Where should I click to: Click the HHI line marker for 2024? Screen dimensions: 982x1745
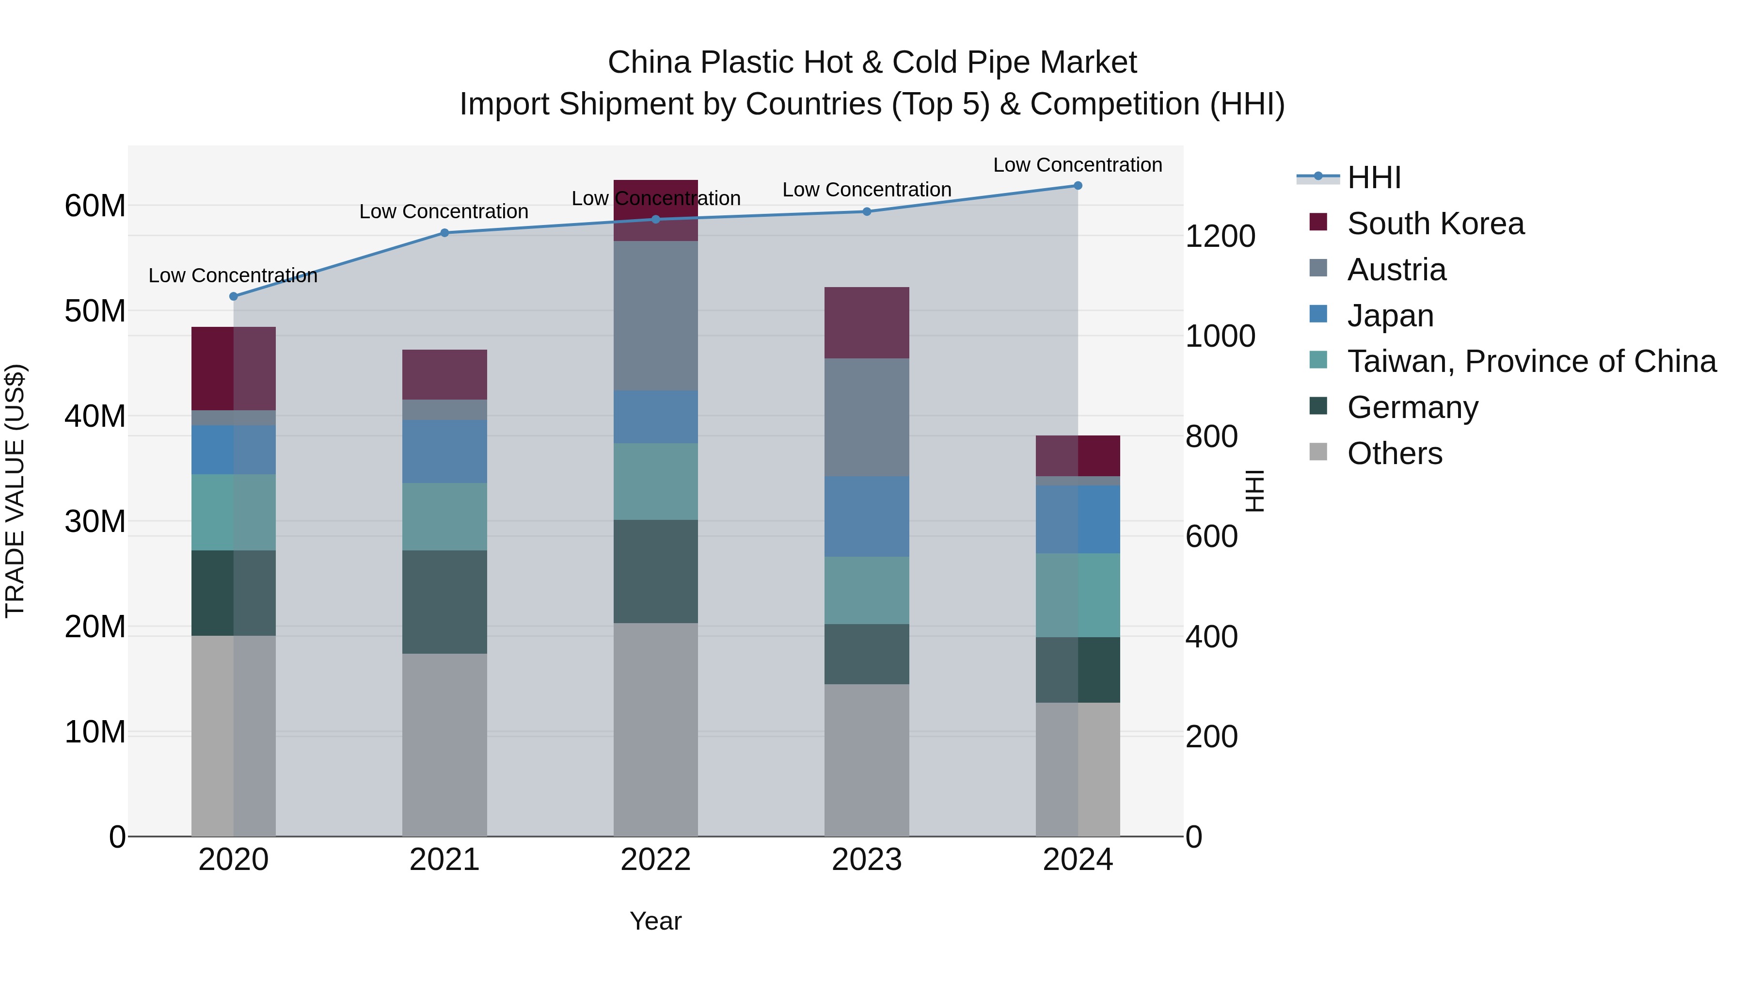[x=1078, y=186]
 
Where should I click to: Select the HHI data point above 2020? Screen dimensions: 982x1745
[x=234, y=296]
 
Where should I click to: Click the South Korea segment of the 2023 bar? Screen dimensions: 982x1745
[x=866, y=322]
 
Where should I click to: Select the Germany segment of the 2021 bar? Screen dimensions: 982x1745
[x=444, y=602]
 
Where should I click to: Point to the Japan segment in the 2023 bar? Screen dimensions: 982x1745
[x=866, y=516]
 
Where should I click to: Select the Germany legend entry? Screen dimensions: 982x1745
[x=1412, y=407]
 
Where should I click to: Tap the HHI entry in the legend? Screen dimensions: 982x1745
[x=1374, y=177]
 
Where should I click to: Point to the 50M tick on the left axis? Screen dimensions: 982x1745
[x=95, y=311]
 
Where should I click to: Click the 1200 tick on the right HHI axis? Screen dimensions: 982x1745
[x=1220, y=237]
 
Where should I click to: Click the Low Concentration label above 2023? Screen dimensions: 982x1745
[x=866, y=190]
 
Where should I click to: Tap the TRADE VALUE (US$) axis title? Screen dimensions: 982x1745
[x=15, y=491]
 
